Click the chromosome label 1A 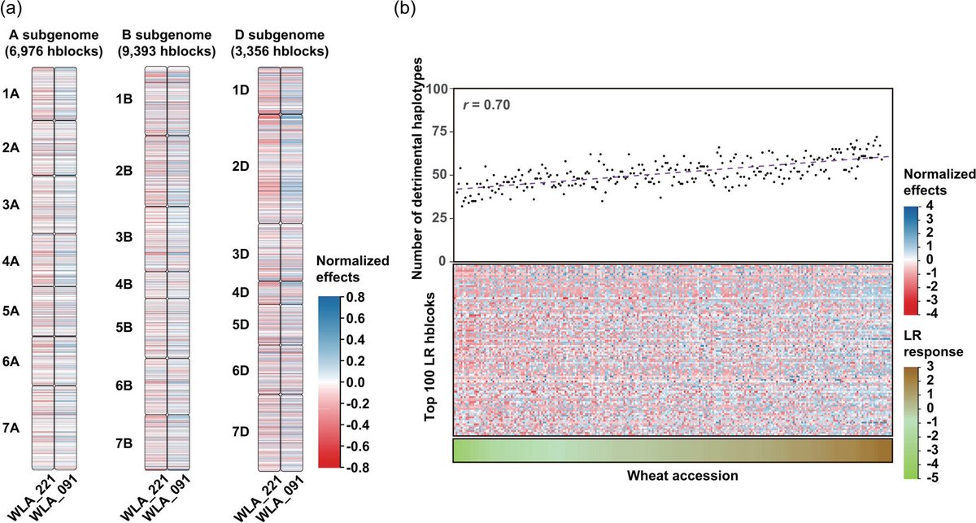click(11, 94)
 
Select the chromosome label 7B click(124, 442)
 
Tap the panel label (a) click(13, 11)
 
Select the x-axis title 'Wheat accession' click(673, 475)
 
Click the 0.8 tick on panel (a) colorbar click(358, 297)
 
